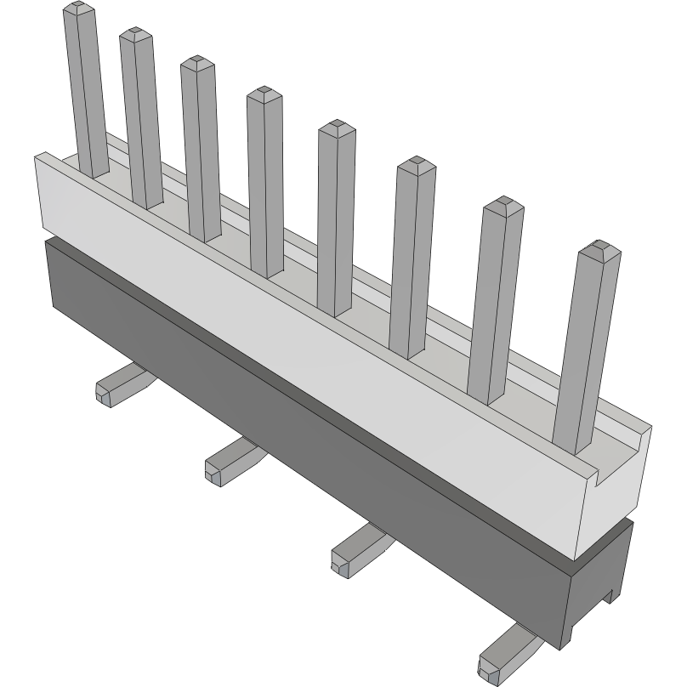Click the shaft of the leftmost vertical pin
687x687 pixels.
(86, 94)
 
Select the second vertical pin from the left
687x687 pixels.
(141, 119)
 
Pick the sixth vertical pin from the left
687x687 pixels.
(412, 255)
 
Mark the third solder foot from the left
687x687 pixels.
(357, 548)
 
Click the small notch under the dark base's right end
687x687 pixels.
(609, 596)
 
